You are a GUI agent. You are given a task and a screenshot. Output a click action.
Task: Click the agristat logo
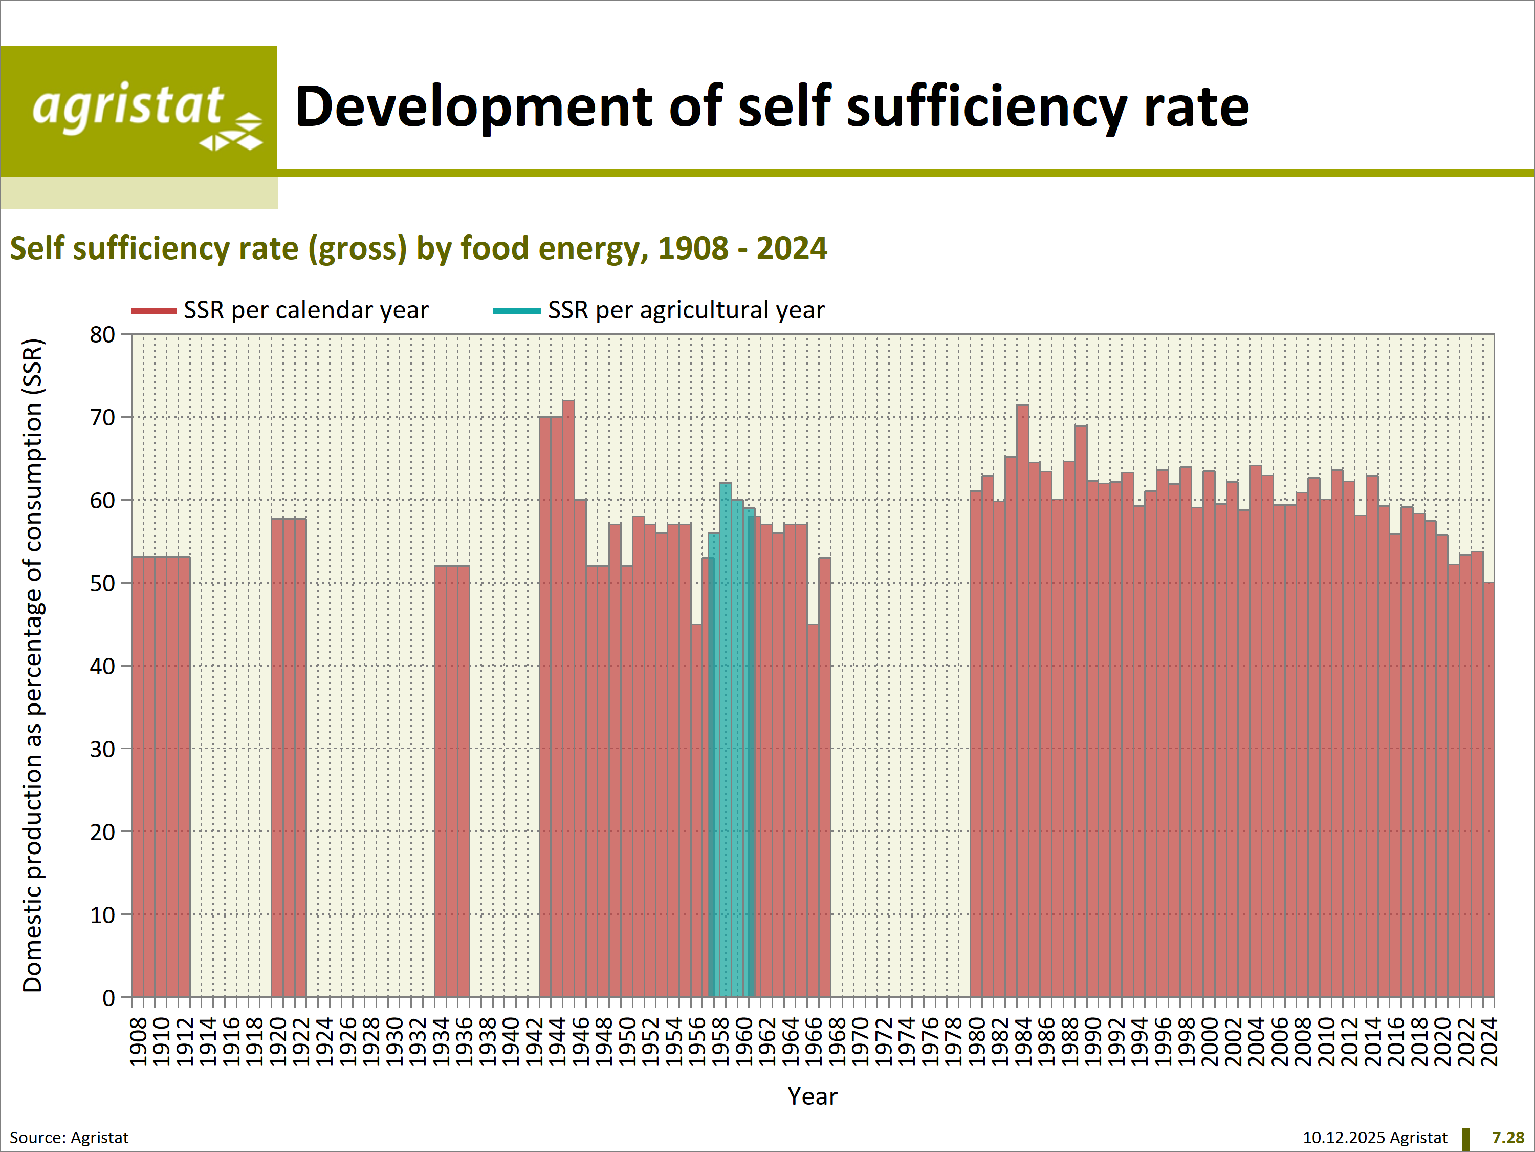139,111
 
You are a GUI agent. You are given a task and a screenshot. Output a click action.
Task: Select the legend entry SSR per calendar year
305,310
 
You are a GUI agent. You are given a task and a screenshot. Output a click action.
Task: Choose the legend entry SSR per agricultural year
686,310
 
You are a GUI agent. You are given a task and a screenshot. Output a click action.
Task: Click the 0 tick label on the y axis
108,998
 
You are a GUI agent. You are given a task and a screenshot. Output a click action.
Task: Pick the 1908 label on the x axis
139,1041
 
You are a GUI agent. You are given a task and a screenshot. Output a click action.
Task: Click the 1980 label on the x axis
976,1041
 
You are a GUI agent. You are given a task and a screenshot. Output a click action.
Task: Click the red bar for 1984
1023,694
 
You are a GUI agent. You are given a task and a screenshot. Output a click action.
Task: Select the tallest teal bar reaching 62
725,694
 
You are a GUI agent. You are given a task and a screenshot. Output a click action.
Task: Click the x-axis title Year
812,1097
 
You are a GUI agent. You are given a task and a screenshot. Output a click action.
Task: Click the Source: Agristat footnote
70,1138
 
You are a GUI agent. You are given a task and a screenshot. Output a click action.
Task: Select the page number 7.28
1507,1138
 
